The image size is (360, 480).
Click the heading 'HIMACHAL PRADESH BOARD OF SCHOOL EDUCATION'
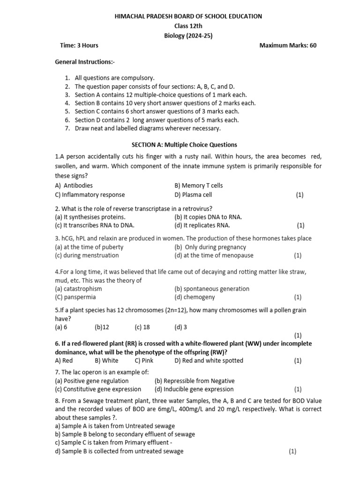point(188,16)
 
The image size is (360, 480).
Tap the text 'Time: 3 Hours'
point(79,45)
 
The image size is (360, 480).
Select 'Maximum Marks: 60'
point(288,45)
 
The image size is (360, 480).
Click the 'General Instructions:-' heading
point(85,62)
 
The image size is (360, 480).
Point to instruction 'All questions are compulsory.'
point(114,78)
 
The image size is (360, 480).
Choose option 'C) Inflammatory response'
point(90,195)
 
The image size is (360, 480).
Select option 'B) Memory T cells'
point(198,186)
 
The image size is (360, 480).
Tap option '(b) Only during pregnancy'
point(210,247)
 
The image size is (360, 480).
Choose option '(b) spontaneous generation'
point(212,289)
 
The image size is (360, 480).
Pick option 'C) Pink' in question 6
point(144,360)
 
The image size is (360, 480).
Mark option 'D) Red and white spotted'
point(209,360)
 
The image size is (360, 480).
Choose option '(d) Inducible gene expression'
point(194,389)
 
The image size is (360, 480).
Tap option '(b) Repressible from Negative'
point(195,381)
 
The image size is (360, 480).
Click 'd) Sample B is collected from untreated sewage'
point(120,451)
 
